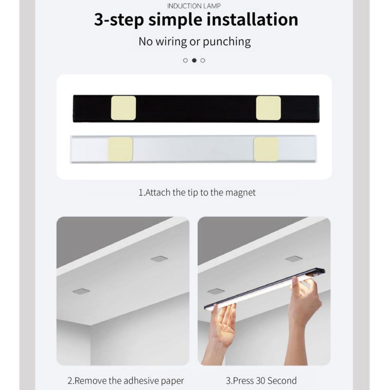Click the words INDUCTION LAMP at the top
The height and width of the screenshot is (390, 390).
194,6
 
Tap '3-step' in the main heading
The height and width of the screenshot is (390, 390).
119,20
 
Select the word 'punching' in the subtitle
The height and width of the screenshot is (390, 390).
227,42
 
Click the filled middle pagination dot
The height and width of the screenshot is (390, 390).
194,60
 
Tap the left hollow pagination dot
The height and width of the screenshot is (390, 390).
185,60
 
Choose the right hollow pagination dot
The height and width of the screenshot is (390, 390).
203,60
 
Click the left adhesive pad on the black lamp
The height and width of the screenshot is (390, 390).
123,108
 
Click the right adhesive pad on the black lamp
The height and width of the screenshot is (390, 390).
269,108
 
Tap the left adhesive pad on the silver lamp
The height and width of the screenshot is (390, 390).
120,149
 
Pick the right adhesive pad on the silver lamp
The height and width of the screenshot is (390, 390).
266,149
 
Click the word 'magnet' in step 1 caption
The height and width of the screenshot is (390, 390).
240,193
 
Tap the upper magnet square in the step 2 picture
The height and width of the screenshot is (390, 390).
159,259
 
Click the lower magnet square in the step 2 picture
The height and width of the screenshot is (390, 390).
81,291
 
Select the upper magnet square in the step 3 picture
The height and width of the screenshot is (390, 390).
294,259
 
